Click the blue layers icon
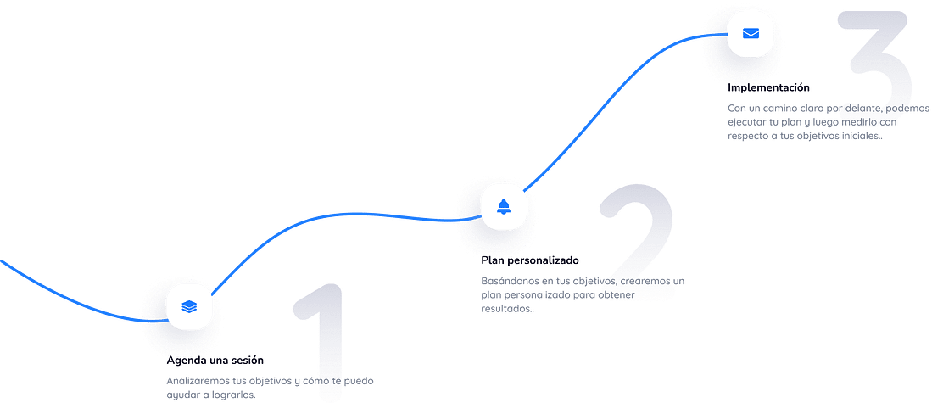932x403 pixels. point(189,307)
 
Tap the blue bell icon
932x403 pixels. point(504,206)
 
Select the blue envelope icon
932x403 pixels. point(751,33)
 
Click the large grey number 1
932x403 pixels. point(320,342)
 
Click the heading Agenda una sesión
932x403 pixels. point(215,361)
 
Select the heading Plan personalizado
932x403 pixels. point(529,260)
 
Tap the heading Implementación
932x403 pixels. point(768,87)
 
